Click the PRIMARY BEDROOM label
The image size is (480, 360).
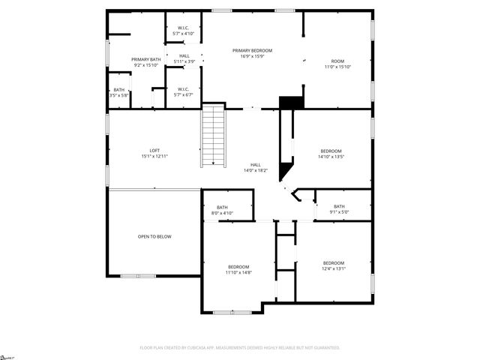click(x=251, y=50)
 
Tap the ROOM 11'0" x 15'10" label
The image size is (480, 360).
click(x=337, y=61)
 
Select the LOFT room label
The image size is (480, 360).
click(x=154, y=151)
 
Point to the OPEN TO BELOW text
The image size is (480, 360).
click(x=154, y=237)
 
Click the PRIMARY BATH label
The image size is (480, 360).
click(x=145, y=59)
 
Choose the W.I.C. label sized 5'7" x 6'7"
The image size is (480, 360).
click(x=183, y=91)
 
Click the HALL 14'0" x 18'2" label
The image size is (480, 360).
click(x=255, y=165)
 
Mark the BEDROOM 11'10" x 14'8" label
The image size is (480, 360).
click(x=238, y=268)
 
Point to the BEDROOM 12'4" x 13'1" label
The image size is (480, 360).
click(x=333, y=263)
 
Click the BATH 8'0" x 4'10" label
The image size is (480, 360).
click(x=223, y=208)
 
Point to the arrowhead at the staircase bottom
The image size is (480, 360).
click(x=213, y=162)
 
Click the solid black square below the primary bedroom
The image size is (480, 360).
click(x=290, y=102)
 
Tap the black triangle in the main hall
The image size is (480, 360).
click(x=286, y=171)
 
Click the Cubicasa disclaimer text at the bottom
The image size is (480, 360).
click(x=240, y=347)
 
